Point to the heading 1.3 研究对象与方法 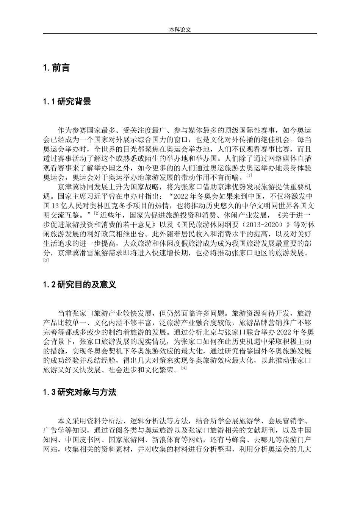(79, 392)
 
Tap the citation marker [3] (46, 260)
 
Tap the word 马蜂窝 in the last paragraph (233, 440)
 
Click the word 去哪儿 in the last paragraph (269, 440)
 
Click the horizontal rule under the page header (180, 34)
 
